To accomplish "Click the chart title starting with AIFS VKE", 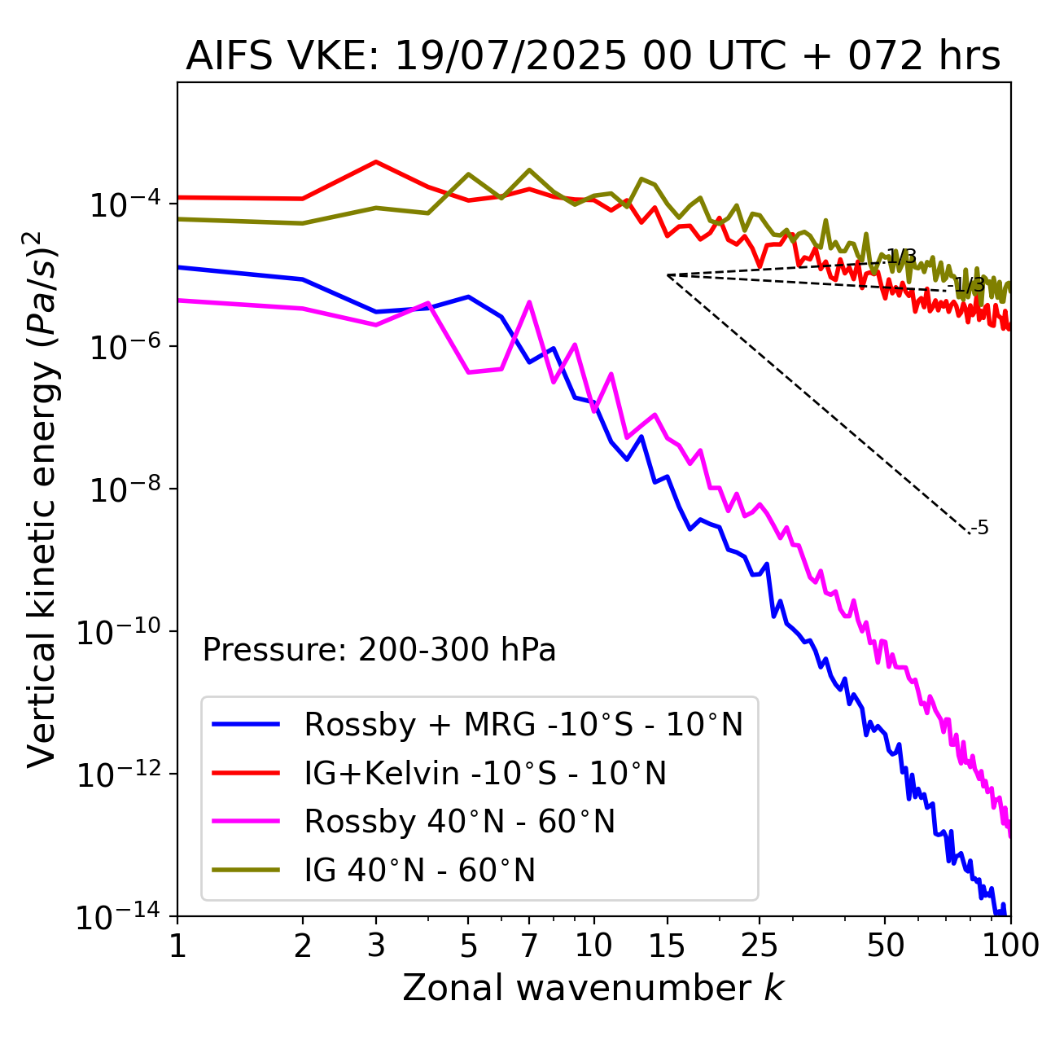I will point(593,57).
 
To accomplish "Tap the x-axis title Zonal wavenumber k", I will point(593,988).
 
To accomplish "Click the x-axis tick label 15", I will point(668,946).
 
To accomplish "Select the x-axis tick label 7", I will point(529,946).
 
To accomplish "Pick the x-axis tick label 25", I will point(760,946).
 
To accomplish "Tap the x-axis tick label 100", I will point(1010,946).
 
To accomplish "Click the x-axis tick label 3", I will point(375,946).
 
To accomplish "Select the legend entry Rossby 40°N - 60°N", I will point(459,822).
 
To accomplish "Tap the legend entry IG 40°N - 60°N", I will point(419,871).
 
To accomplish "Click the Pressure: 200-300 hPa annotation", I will point(379,650).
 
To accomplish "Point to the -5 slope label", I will point(981,528).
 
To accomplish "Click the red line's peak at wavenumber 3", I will point(375,161).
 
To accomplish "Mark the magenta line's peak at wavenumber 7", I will point(529,302).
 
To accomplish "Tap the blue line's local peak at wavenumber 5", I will point(468,296).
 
